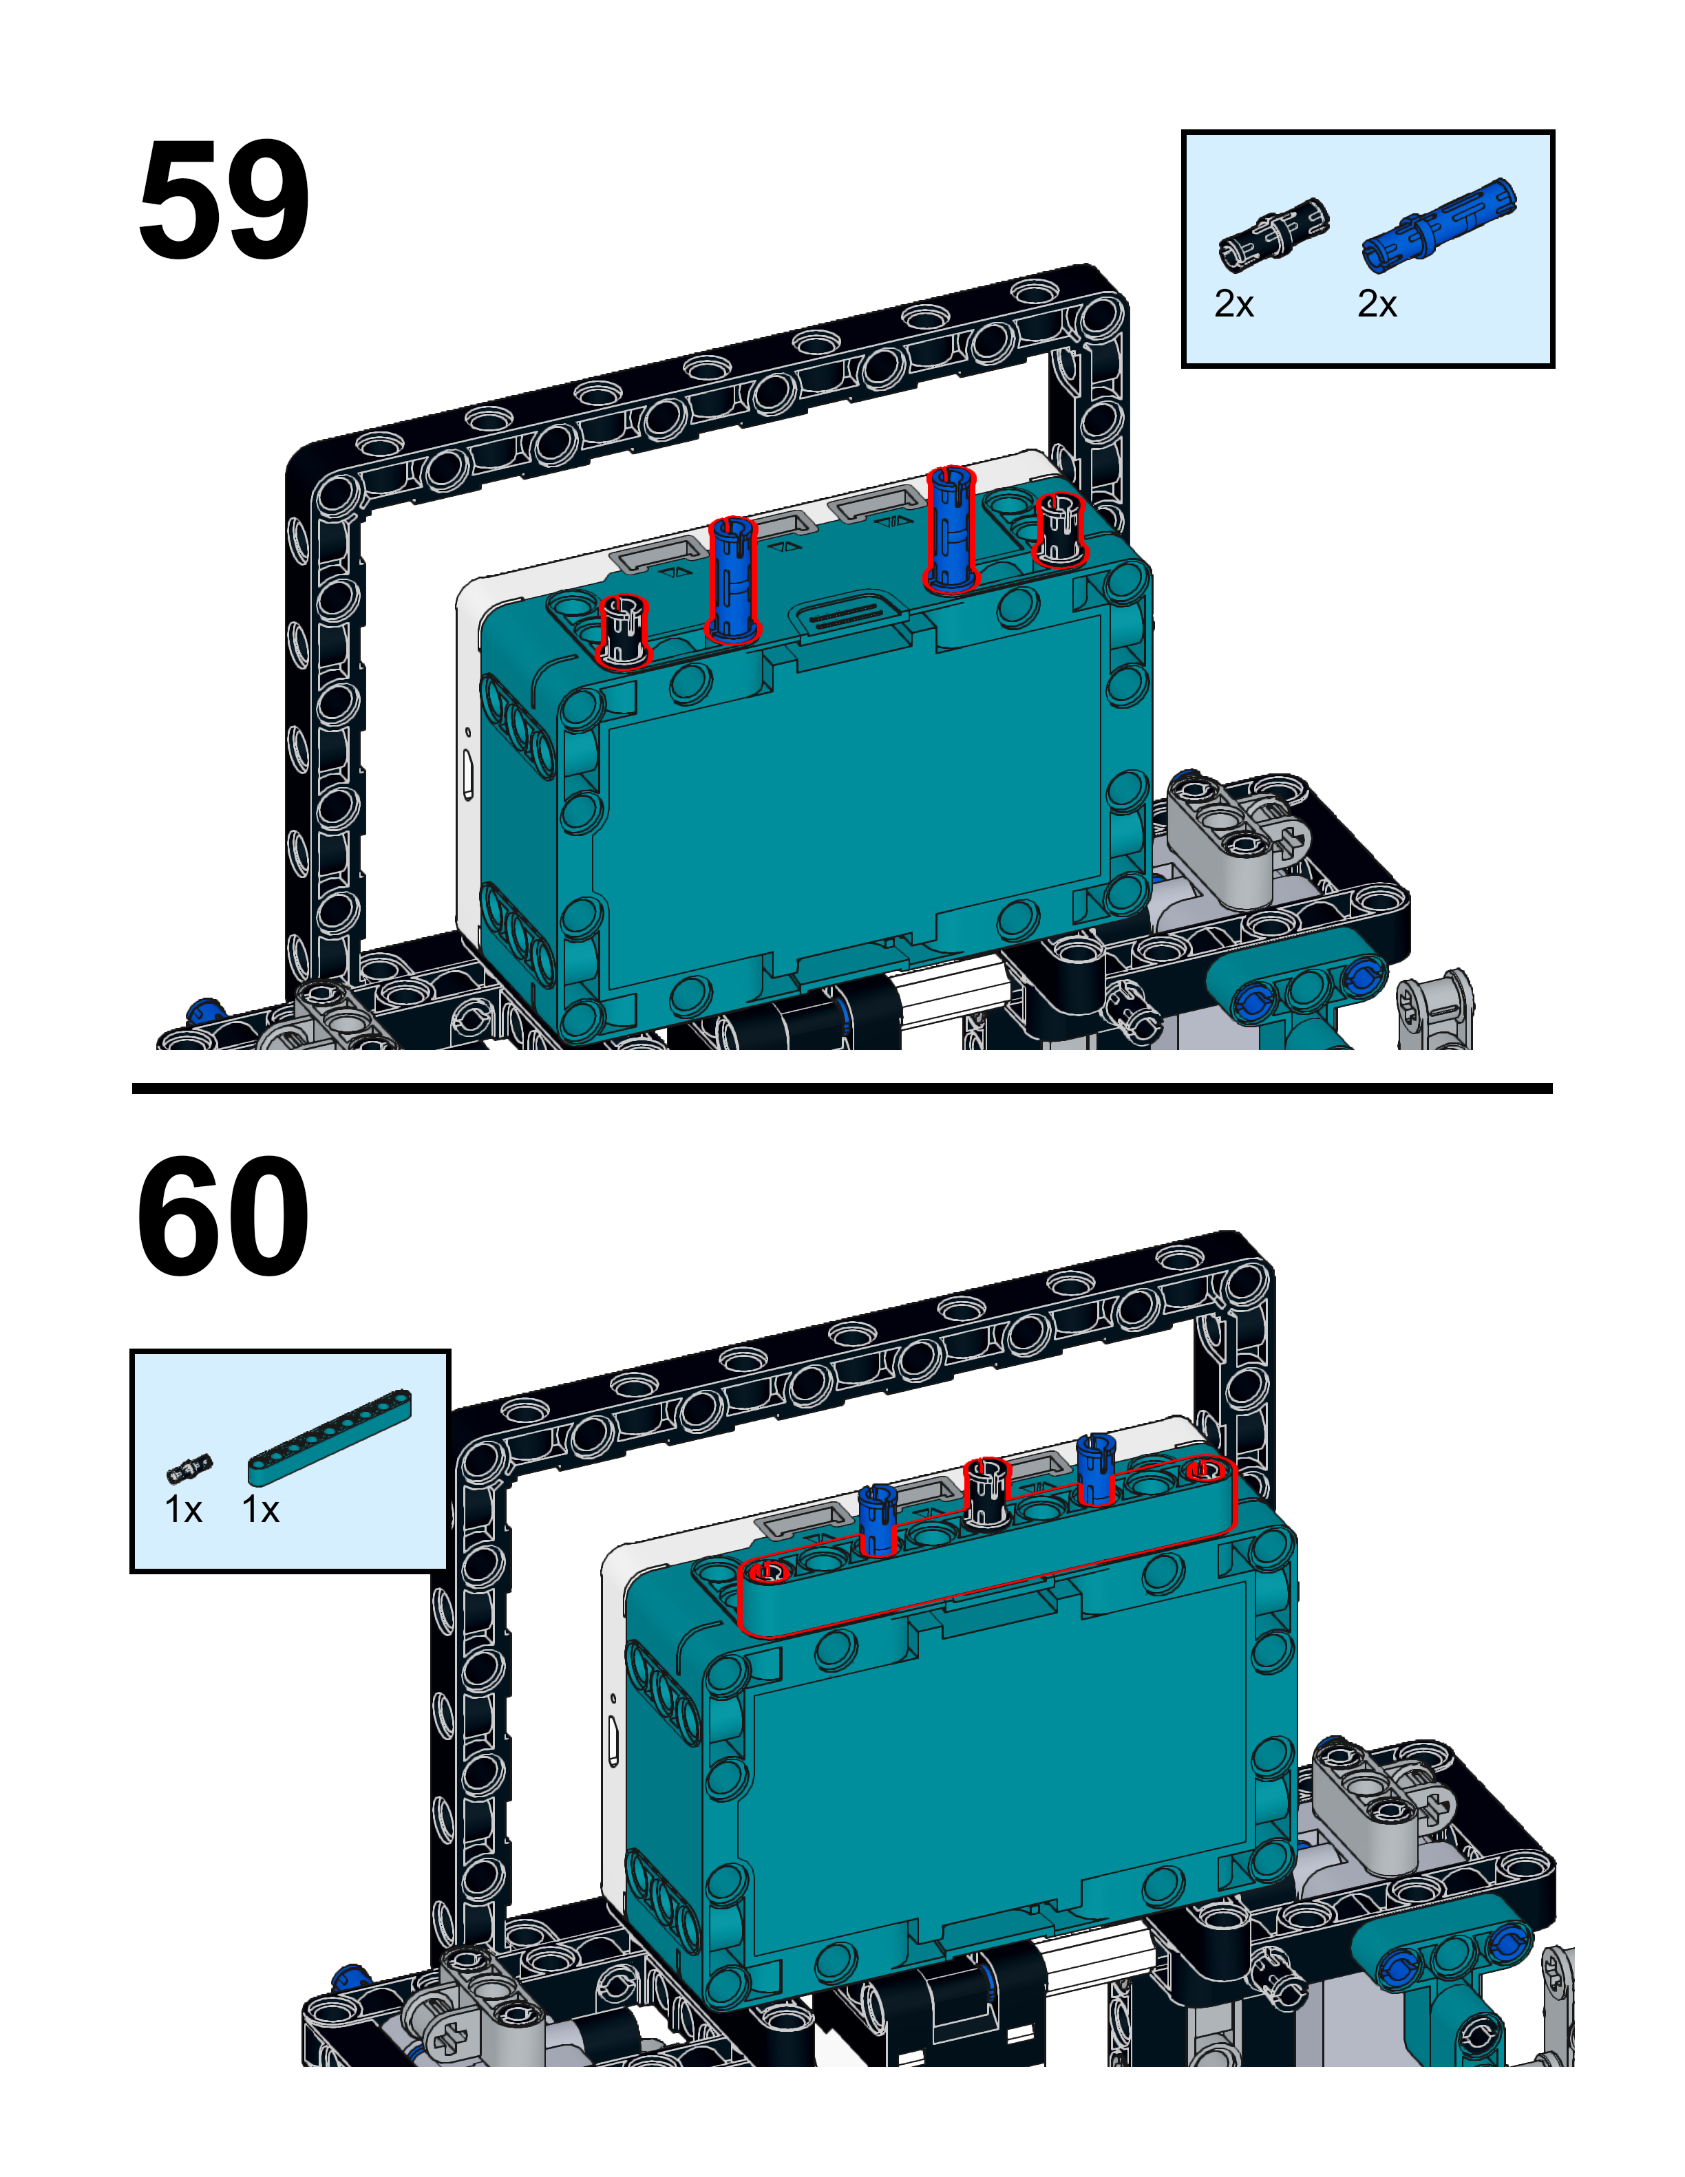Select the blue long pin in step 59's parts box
tap(1439, 225)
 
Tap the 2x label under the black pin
tap(1233, 304)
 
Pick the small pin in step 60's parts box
tap(189, 1468)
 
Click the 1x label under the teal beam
tap(262, 1510)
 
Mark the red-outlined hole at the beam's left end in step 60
tap(769, 1572)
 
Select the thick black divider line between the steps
tap(842, 1088)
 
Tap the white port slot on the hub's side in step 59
tap(467, 775)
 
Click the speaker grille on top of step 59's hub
tap(849, 615)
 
